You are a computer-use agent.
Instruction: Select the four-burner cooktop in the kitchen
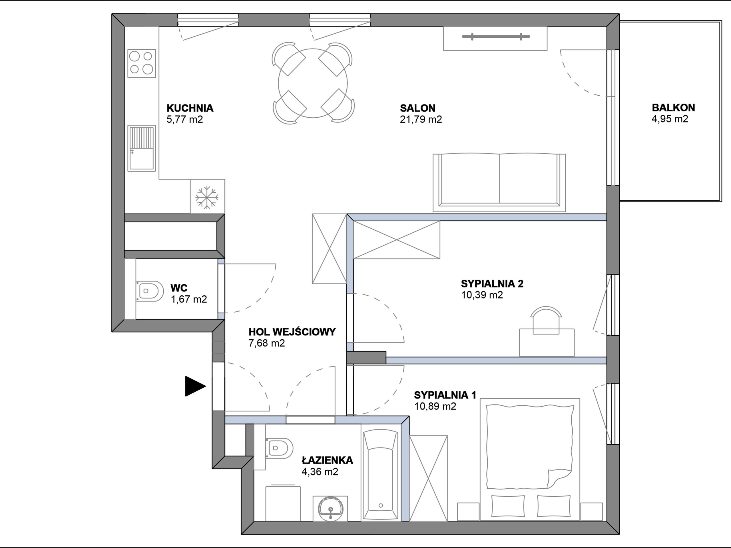[141, 63]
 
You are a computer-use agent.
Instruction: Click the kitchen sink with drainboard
[141, 148]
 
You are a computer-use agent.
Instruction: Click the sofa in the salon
[499, 183]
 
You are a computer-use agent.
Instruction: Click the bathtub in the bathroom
[380, 475]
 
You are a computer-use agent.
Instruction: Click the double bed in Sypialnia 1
[530, 460]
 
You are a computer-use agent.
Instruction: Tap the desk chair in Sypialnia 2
[546, 320]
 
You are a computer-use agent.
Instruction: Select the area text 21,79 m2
[421, 119]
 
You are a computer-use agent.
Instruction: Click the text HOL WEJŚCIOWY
[292, 332]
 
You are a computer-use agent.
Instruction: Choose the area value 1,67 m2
[189, 299]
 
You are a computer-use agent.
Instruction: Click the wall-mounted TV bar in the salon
[496, 37]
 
